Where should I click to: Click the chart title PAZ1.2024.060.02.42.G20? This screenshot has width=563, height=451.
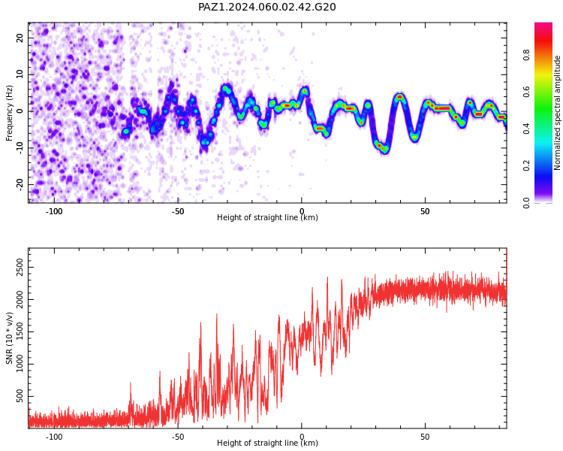pos(267,7)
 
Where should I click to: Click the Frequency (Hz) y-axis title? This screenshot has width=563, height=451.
pos(9,113)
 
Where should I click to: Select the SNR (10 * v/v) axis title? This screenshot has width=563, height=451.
pos(9,338)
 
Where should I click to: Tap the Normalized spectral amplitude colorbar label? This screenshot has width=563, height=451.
pos(557,113)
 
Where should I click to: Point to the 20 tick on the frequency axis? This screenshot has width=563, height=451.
pos(20,38)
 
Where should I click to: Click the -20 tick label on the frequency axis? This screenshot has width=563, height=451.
pos(20,184)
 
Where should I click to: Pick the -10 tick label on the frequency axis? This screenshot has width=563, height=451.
pos(20,148)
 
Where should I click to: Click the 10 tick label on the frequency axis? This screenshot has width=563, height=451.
pos(20,74)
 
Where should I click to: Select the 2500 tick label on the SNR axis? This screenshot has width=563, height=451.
pos(20,268)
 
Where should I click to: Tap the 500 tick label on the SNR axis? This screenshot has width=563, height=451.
pos(20,396)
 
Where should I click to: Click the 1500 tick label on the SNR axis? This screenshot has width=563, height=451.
pos(20,331)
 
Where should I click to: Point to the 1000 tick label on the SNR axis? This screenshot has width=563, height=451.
pos(20,364)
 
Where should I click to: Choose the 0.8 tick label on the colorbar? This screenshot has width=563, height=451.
pos(526,55)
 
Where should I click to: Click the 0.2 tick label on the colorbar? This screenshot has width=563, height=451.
pos(526,165)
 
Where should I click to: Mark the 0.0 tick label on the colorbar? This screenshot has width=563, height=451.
pos(526,203)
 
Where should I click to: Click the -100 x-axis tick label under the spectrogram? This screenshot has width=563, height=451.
pos(54,211)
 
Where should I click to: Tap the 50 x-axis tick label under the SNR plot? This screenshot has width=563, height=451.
pos(425,437)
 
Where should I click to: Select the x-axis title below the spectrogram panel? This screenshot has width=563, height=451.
pos(267,217)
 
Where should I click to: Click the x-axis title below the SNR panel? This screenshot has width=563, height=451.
pos(267,443)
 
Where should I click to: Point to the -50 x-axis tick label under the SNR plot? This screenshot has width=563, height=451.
pos(177,437)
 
